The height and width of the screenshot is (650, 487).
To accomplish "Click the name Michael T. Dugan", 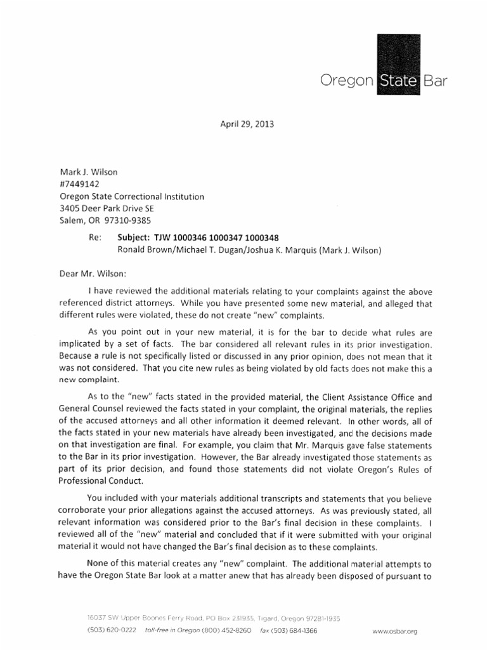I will (x=216, y=249).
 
